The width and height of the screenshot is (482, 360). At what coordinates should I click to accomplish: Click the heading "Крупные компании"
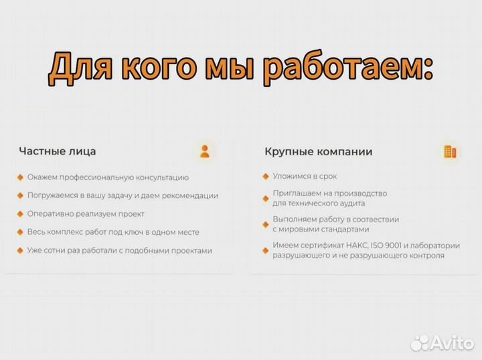(318, 151)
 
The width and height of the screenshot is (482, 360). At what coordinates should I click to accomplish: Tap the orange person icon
(204, 151)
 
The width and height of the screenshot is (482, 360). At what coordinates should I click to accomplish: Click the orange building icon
(449, 152)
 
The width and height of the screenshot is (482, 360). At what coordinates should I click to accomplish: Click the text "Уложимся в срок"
(305, 176)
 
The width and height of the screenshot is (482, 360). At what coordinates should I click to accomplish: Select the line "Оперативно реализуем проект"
(86, 214)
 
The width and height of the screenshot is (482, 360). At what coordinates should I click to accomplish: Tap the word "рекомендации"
(189, 195)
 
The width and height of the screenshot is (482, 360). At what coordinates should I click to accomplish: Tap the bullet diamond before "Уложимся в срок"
(265, 176)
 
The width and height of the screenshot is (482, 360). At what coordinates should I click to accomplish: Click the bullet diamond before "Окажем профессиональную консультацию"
(20, 177)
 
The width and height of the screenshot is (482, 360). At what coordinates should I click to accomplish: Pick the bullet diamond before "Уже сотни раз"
(20, 250)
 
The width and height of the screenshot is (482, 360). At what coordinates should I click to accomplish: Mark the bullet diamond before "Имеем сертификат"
(265, 246)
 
